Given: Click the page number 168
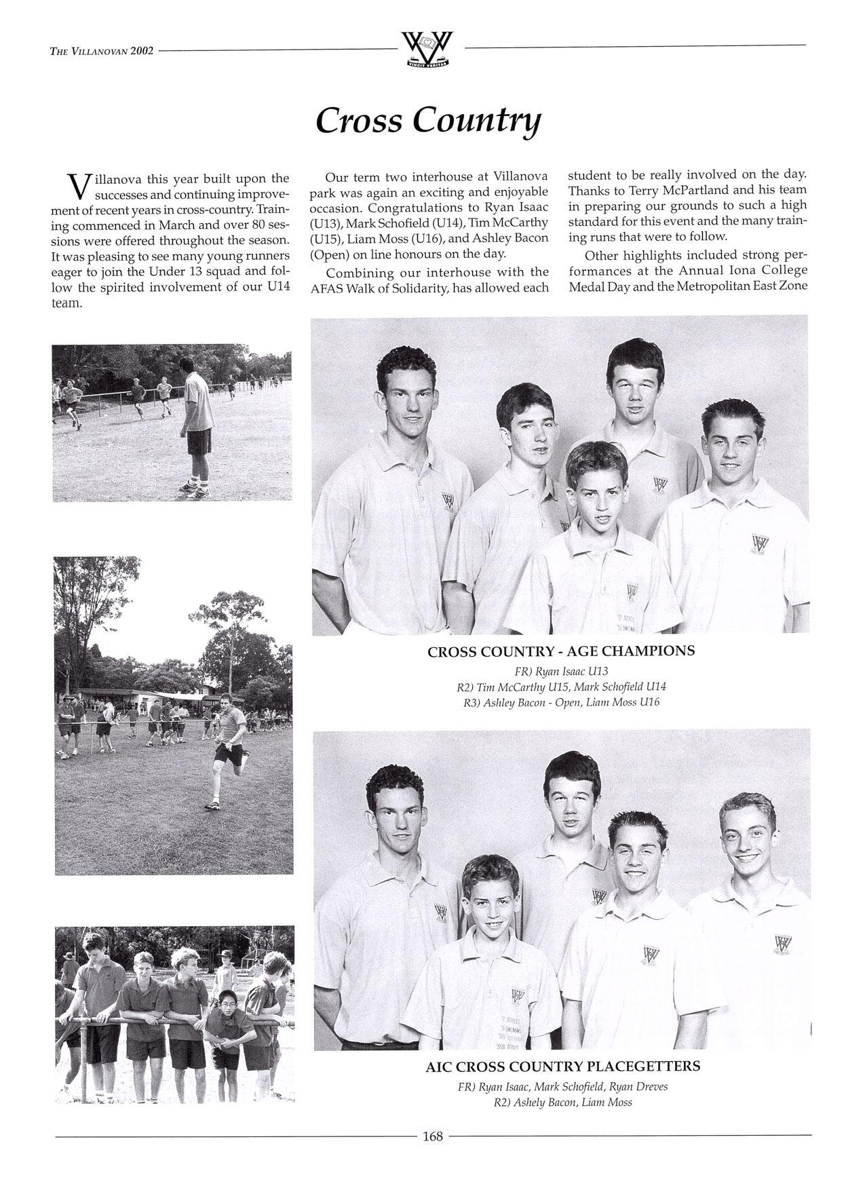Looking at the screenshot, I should [432, 1136].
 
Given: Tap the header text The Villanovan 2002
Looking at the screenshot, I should [102, 50].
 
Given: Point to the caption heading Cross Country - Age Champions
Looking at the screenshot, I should [560, 651].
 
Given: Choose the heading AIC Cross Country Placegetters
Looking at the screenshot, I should [562, 1066].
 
